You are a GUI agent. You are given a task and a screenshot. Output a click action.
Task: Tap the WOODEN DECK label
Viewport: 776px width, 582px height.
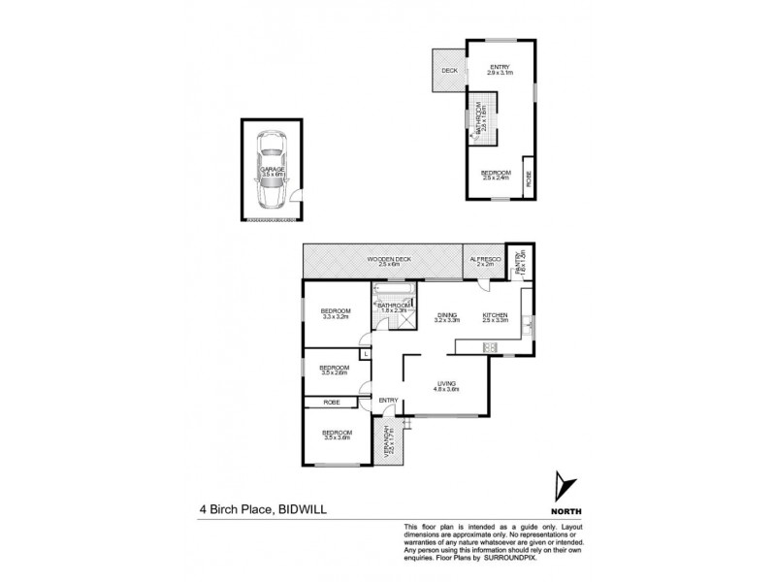385,262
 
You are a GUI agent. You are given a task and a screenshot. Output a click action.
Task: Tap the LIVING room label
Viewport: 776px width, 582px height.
446,386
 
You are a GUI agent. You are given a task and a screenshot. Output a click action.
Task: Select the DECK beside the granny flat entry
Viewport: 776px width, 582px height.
449,71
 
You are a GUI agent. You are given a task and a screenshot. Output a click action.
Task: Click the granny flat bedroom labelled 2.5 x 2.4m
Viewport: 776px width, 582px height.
497,176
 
